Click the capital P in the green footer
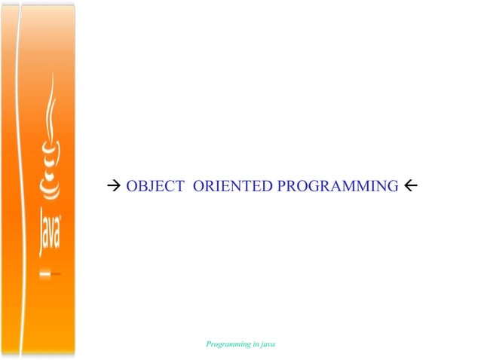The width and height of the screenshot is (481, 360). (x=209, y=343)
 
